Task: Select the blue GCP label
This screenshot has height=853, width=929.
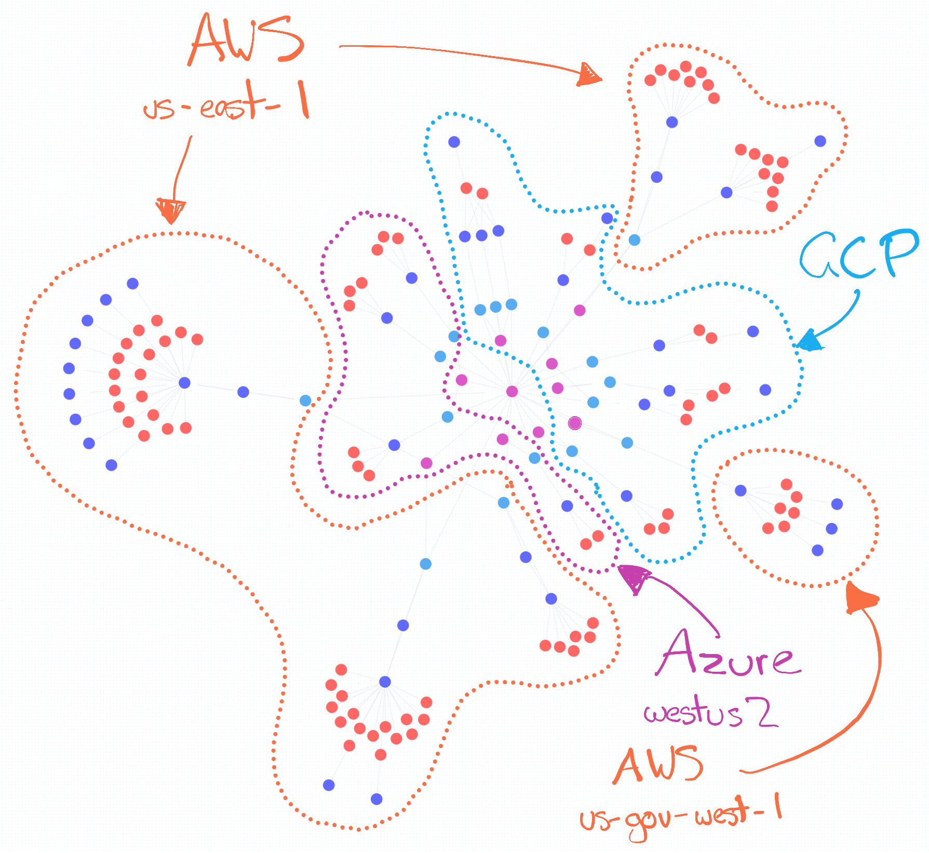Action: tap(857, 255)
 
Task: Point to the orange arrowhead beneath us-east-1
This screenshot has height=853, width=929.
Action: tap(170, 210)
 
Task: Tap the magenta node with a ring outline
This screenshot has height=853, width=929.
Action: tap(574, 423)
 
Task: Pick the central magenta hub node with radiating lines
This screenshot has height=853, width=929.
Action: tap(511, 391)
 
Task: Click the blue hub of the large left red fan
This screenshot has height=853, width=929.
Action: tap(184, 383)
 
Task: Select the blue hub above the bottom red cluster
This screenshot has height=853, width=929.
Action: tap(385, 682)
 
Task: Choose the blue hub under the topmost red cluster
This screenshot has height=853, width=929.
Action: tap(672, 122)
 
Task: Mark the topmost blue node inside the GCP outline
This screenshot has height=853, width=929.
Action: tap(454, 142)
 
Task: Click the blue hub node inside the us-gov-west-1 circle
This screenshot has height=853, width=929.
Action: tap(740, 490)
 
